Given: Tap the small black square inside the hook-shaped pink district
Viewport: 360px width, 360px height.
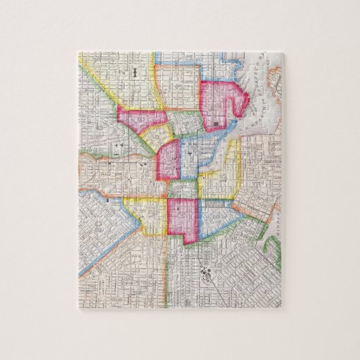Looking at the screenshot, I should pyautogui.click(x=215, y=123).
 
